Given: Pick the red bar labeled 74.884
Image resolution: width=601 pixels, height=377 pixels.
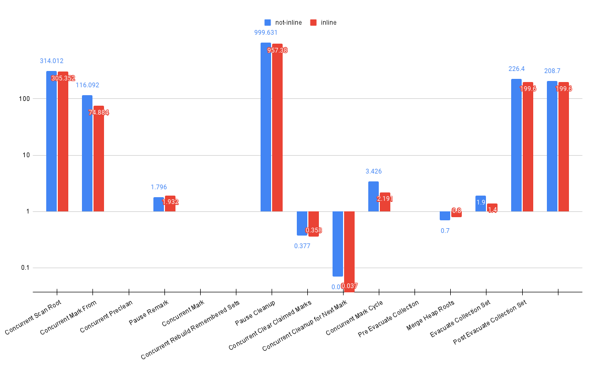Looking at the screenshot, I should pyautogui.click(x=99, y=158).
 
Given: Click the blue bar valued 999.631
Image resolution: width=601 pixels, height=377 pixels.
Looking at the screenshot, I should pyautogui.click(x=266, y=127).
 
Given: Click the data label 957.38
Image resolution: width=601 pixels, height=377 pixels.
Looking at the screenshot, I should pyautogui.click(x=277, y=50).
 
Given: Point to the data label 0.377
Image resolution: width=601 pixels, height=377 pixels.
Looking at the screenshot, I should pyautogui.click(x=302, y=246).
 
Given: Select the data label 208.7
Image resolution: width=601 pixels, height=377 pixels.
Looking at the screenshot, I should pyautogui.click(x=552, y=70).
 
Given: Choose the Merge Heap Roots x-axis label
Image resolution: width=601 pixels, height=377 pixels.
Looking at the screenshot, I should pyautogui.click(x=431, y=315).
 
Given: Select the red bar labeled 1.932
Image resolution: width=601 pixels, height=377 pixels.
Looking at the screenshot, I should pyautogui.click(x=170, y=203).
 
